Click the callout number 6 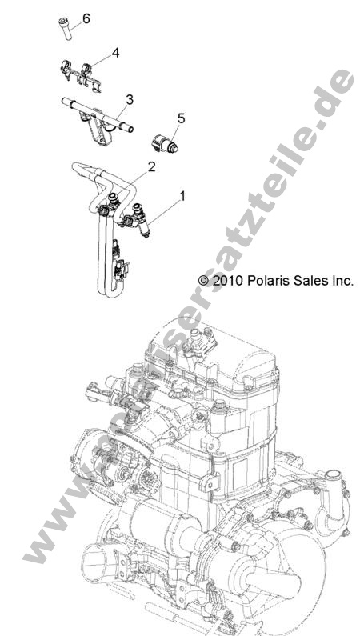point(86,17)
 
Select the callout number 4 point(116,53)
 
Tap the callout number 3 point(128,99)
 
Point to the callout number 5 point(181,118)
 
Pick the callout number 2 point(150,166)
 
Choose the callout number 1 point(182,194)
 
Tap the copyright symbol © point(203,281)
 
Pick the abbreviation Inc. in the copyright point(341,281)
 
